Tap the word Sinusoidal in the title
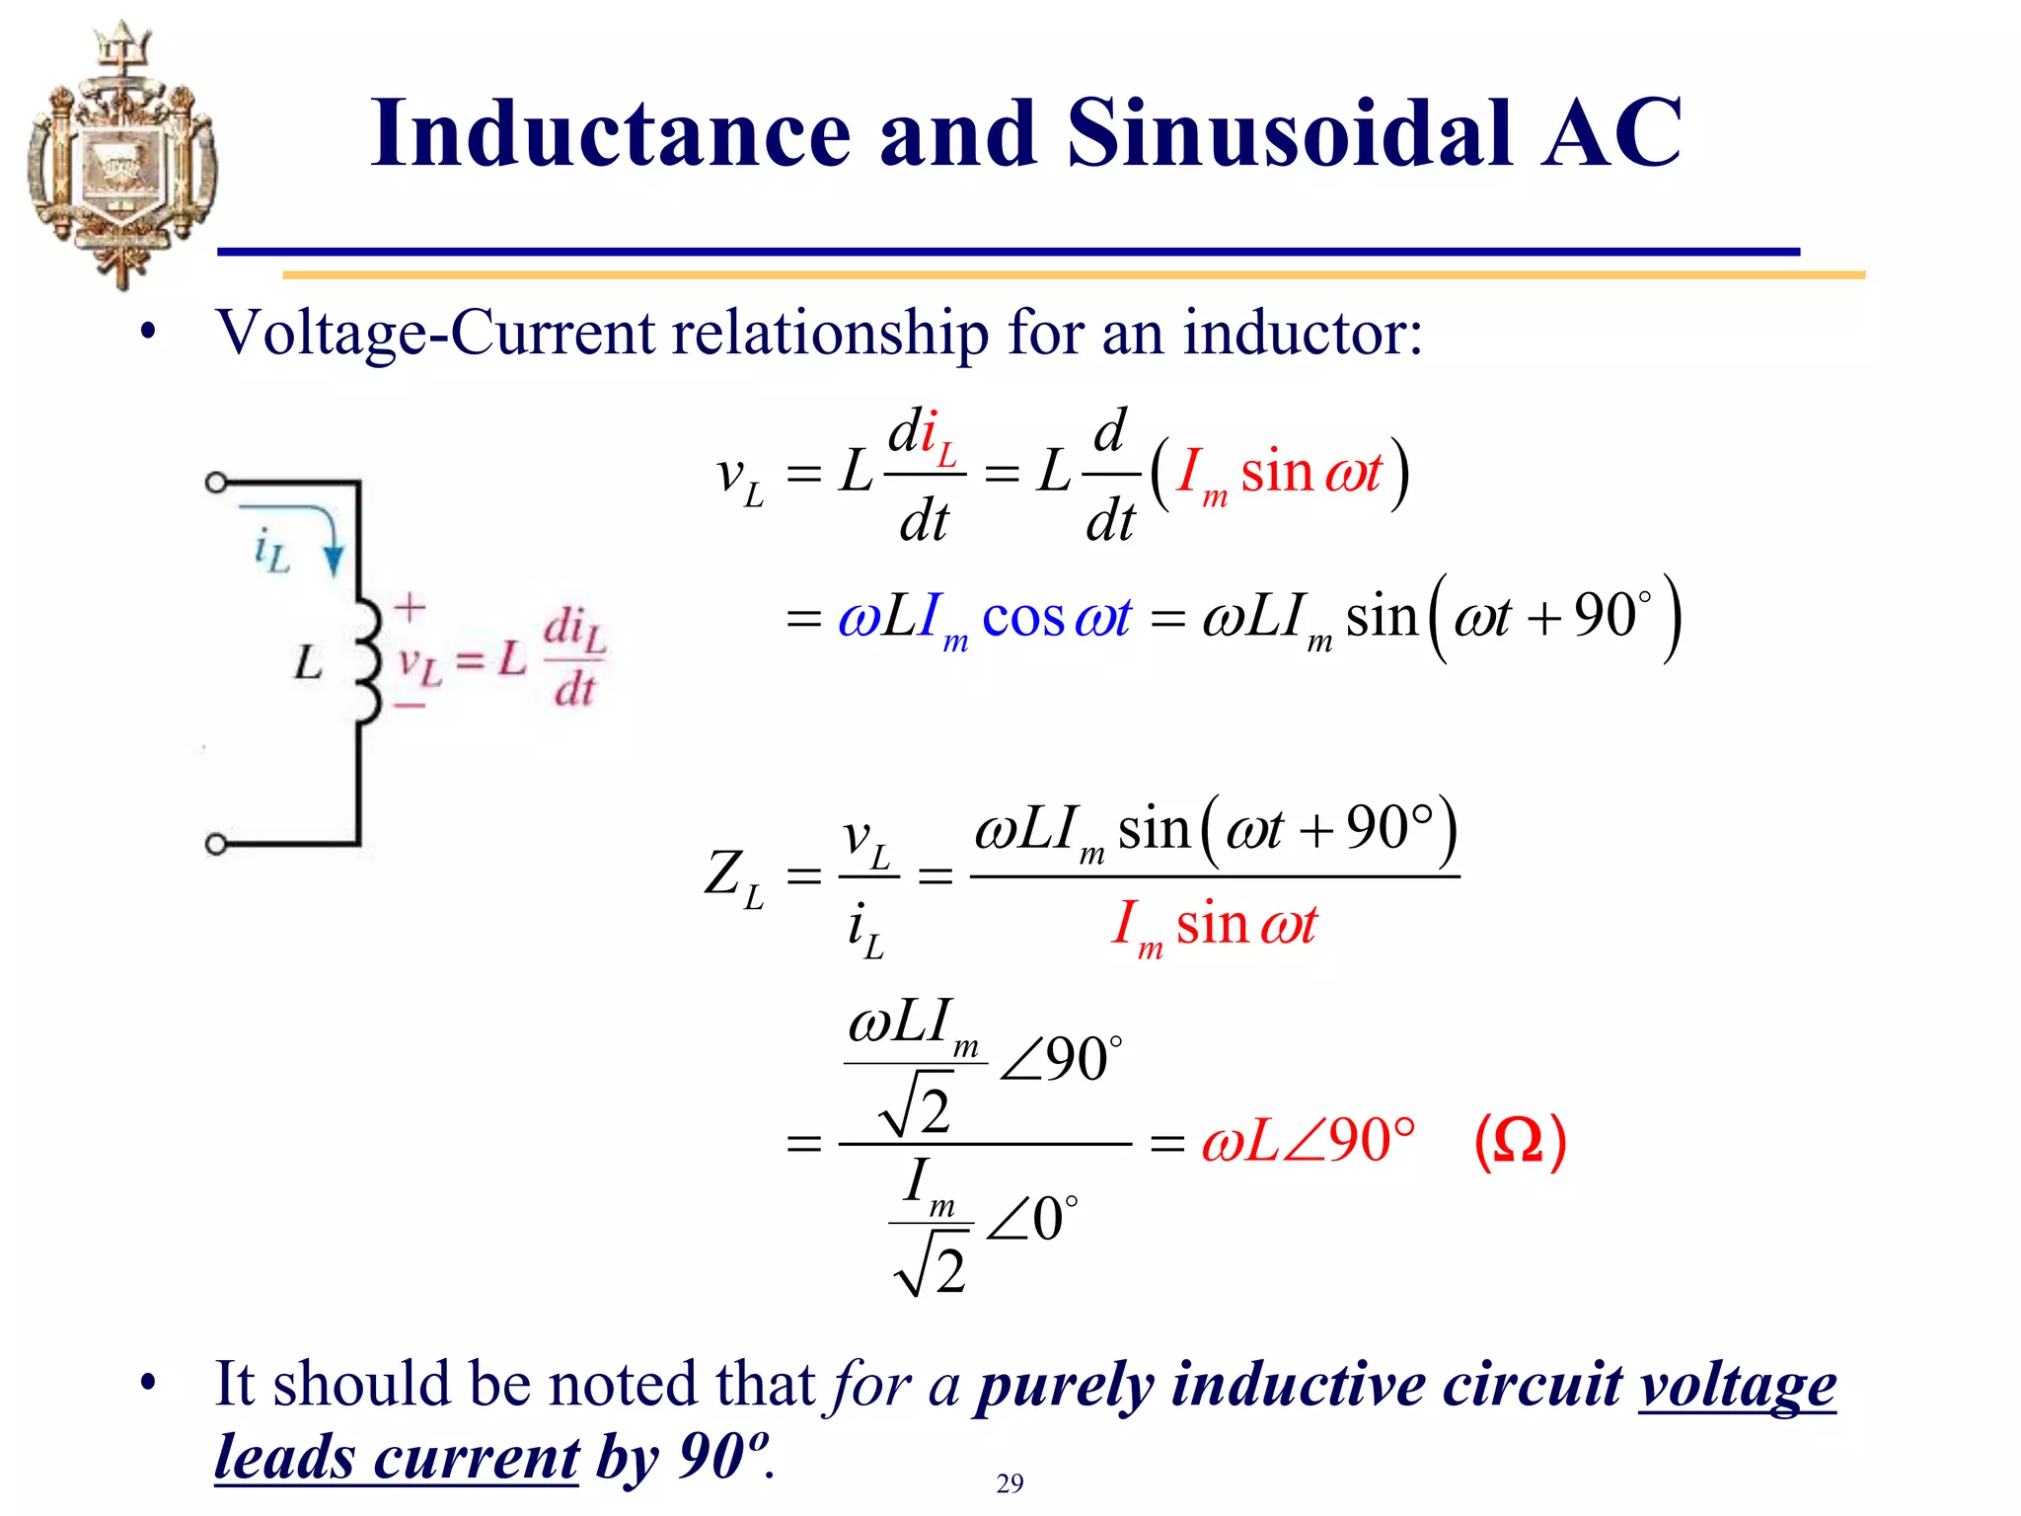tap(1289, 134)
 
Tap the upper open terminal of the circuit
tap(216, 483)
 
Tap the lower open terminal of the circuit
tap(216, 845)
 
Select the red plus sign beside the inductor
tap(410, 607)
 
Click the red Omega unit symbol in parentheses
tap(1519, 1142)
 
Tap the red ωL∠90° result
tap(1309, 1142)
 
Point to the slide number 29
tap(1010, 1483)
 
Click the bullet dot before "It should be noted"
tap(148, 1384)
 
